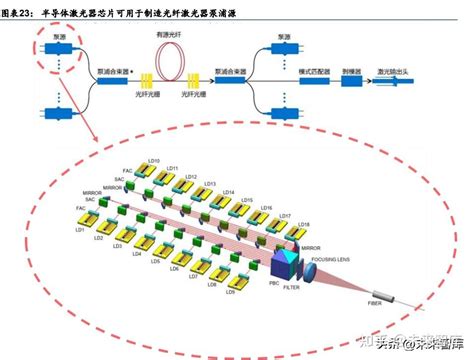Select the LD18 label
pyautogui.click(x=303, y=224)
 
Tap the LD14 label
pyautogui.click(x=229, y=192)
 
